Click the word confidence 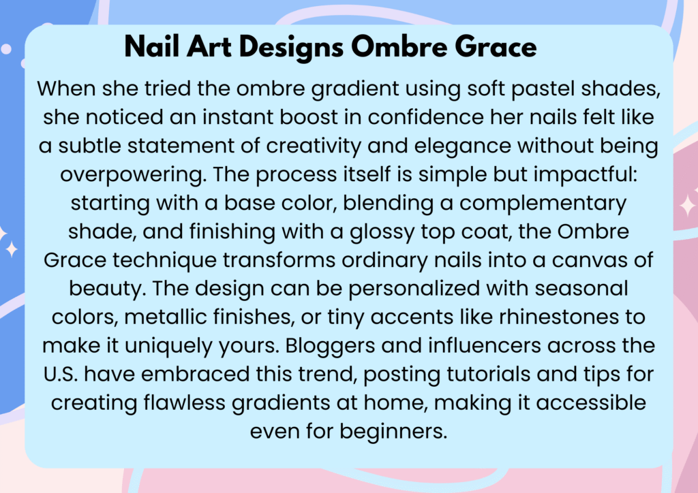pos(425,117)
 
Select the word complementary pos(543,204)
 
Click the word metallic pos(165,317)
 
